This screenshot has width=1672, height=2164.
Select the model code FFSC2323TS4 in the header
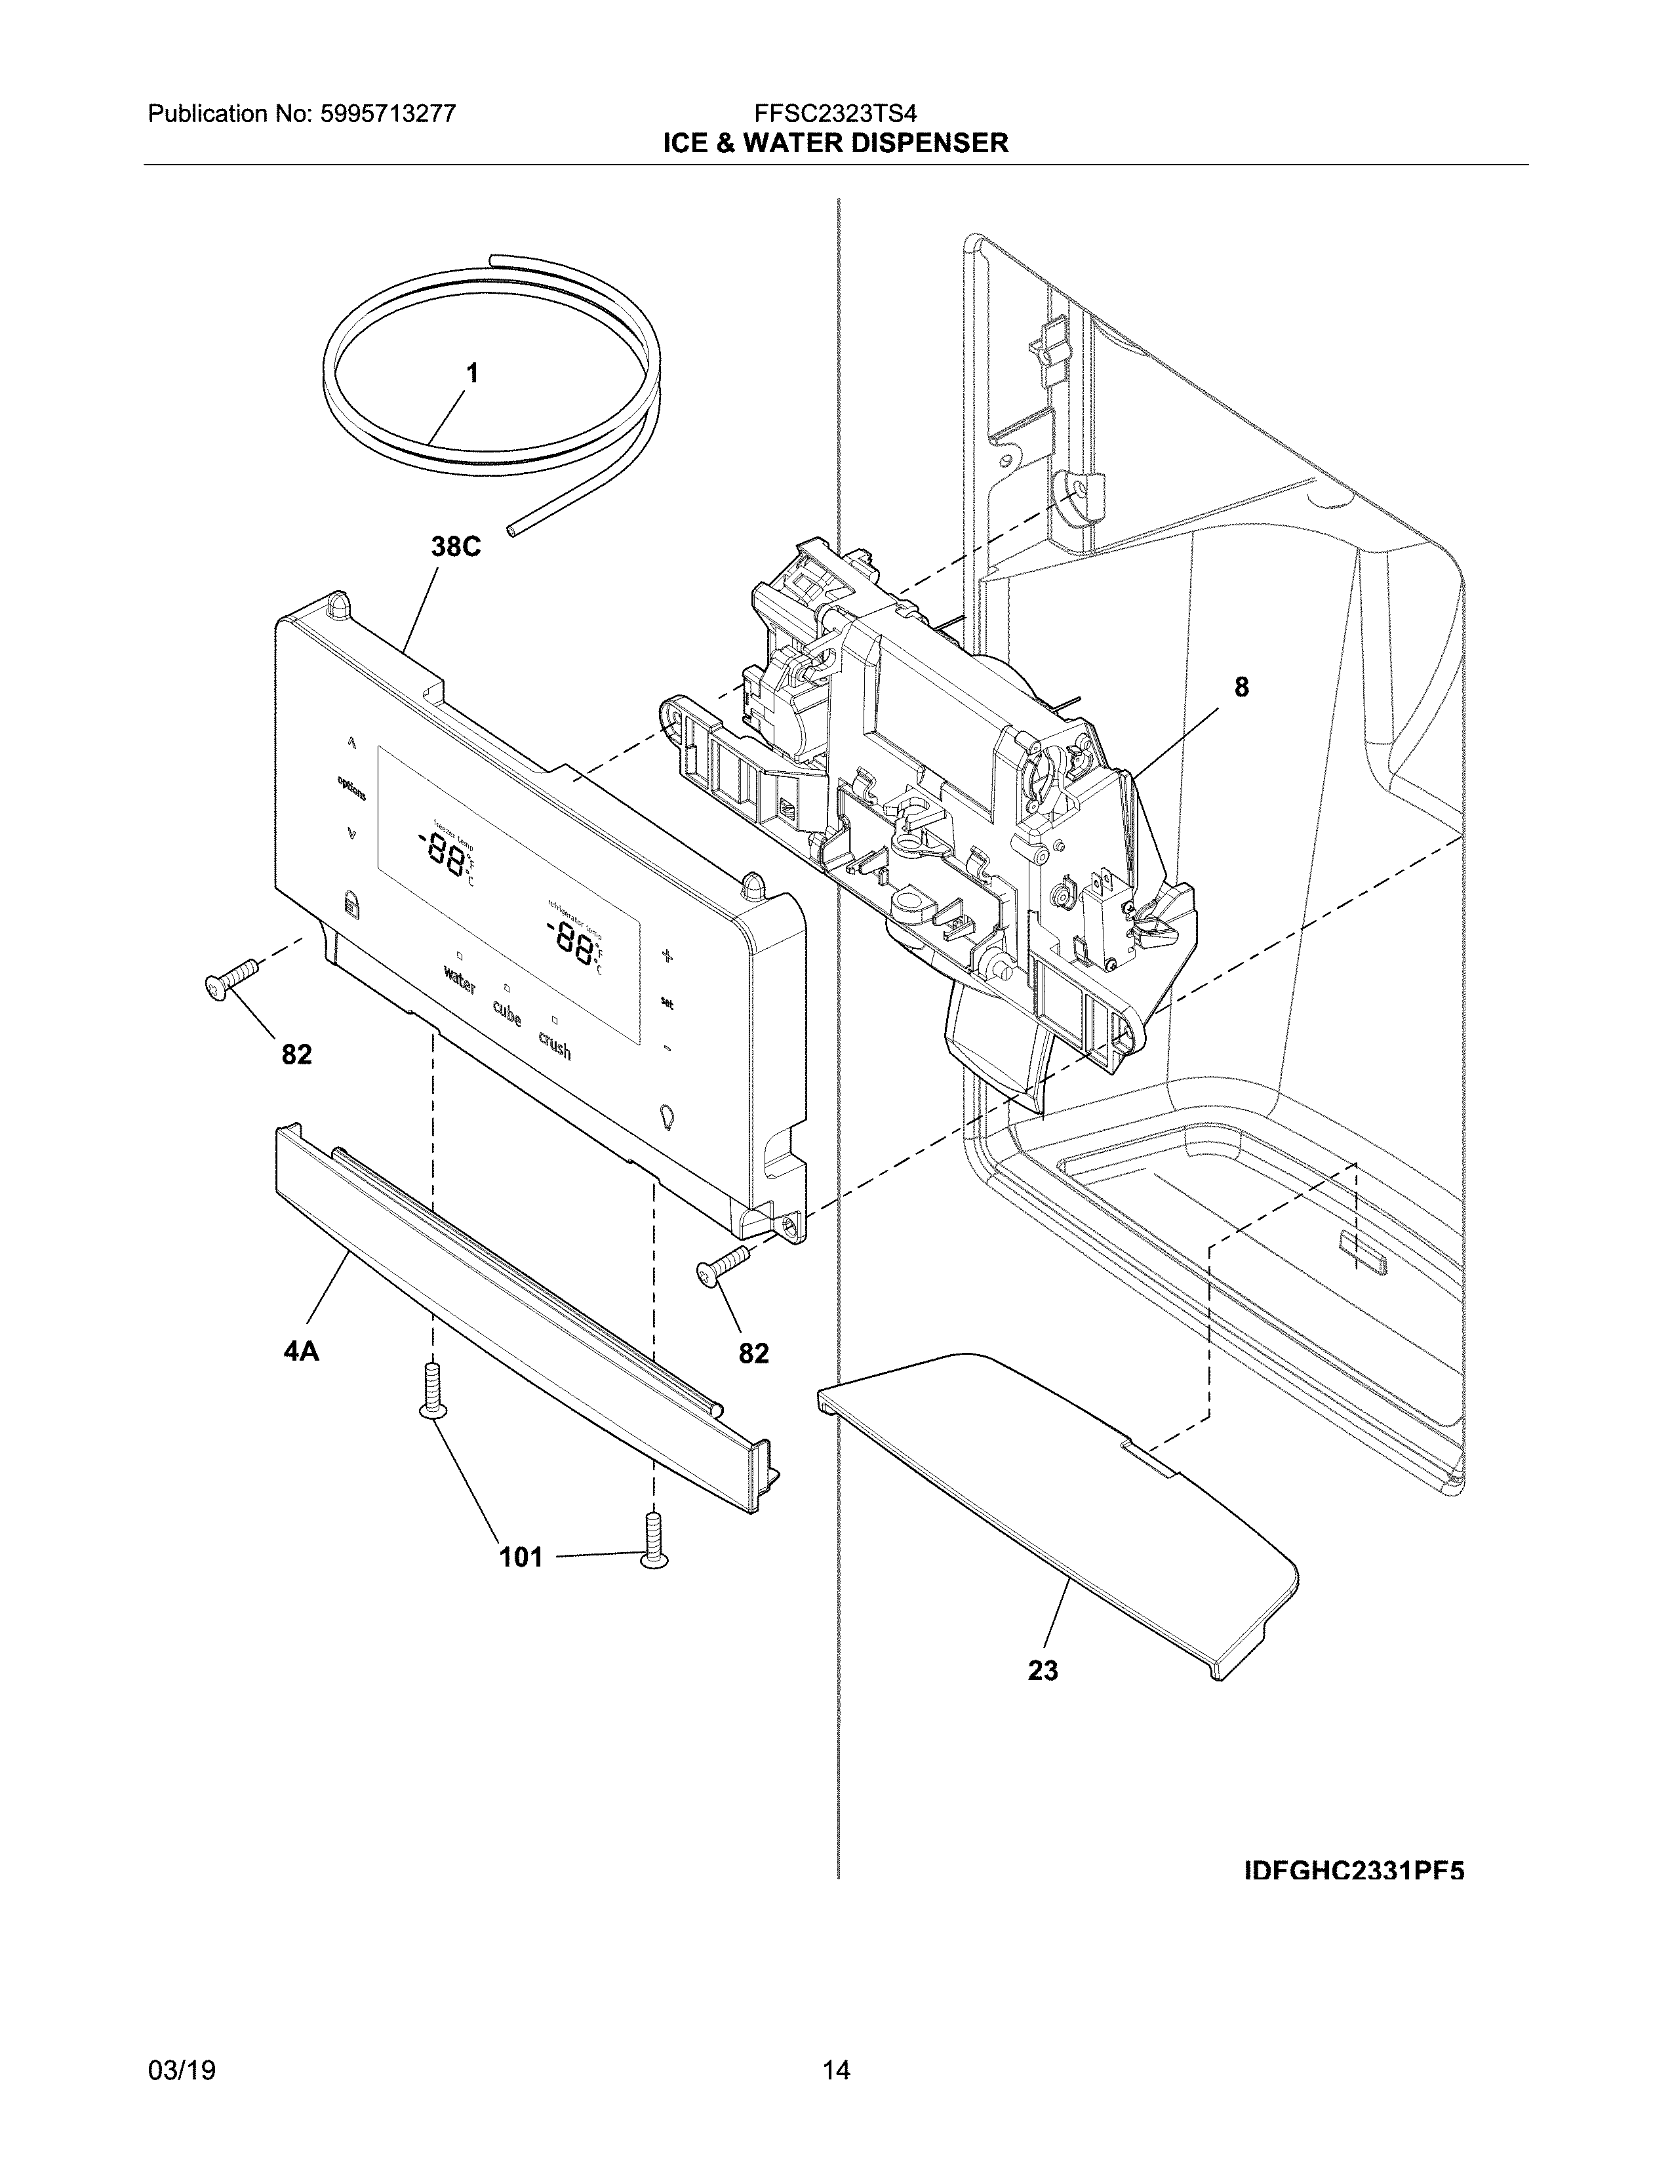[835, 114]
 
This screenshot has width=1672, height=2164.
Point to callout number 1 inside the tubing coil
[473, 374]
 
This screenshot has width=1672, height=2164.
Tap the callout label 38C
[456, 546]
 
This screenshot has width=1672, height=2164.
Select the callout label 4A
[301, 1350]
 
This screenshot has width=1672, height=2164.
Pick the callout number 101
[521, 1557]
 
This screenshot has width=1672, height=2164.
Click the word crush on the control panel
[555, 1045]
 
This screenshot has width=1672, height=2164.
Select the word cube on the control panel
[507, 1014]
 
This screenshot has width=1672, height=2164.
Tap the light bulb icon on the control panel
[666, 1117]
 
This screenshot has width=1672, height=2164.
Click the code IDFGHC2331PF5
[1354, 1871]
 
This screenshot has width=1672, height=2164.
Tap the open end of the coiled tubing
[512, 532]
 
